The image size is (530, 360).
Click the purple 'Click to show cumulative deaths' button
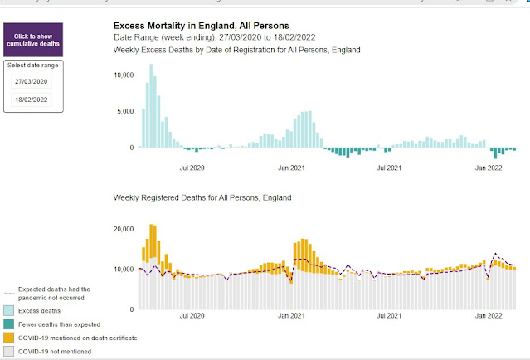tap(34, 39)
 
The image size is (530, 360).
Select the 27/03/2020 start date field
tap(30, 82)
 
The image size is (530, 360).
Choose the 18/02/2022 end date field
tap(30, 100)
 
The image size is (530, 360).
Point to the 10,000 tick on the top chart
tap(123, 75)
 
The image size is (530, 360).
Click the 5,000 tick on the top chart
tap(126, 111)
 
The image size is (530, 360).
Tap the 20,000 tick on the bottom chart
tap(123, 229)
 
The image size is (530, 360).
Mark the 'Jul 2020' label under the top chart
tap(192, 168)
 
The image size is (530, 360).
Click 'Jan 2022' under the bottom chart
tap(489, 316)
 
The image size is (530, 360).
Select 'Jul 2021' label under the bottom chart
tap(389, 316)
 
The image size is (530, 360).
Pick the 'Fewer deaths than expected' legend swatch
tap(9, 324)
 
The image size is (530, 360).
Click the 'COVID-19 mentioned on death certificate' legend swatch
tap(9, 338)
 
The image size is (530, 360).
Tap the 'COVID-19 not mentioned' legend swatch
tap(9, 352)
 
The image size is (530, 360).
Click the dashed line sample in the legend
tap(9, 294)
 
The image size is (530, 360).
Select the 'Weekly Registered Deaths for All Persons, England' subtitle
tap(202, 198)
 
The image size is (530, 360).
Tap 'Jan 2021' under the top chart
tap(290, 168)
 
